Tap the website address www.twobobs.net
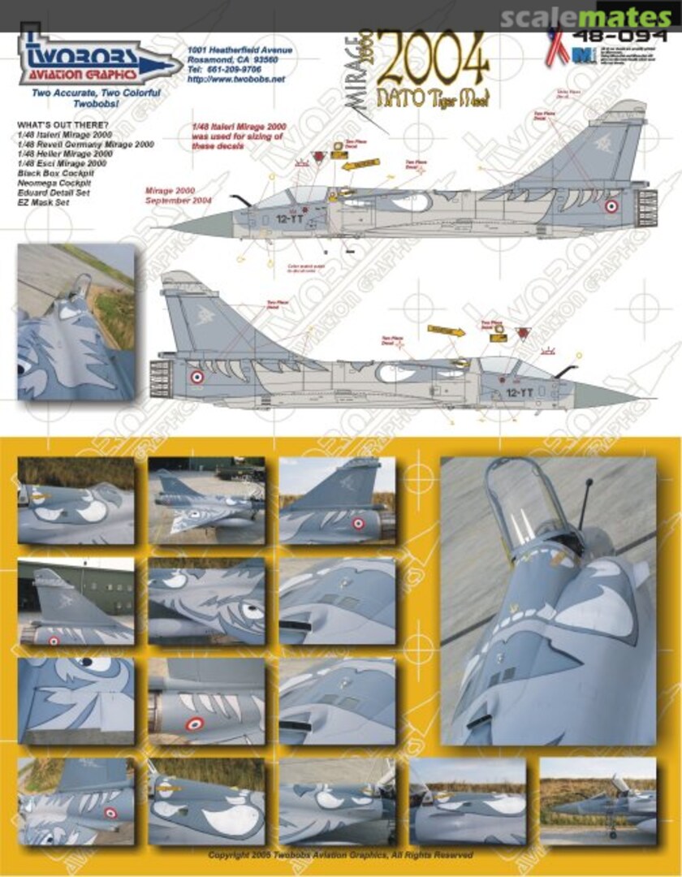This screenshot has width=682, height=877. click(236, 80)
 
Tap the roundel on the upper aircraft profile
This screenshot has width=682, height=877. click(611, 206)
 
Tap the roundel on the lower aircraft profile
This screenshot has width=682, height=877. click(196, 376)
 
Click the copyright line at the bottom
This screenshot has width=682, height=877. click(341, 855)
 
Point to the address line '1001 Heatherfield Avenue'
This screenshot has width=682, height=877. click(240, 50)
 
